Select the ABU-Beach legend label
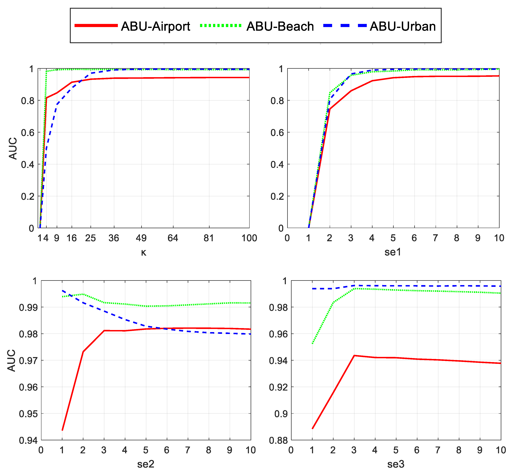[x=280, y=27]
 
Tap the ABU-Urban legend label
[x=402, y=27]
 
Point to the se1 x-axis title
[x=393, y=252]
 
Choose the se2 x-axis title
[x=146, y=464]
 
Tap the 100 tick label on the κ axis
[x=249, y=238]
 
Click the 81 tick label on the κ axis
[x=209, y=238]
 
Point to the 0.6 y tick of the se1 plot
[x=277, y=132]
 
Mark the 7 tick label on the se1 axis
[x=435, y=238]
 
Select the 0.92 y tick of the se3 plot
[x=278, y=387]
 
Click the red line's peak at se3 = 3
[x=354, y=356]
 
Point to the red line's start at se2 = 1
[x=62, y=430]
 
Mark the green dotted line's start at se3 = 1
[x=312, y=344]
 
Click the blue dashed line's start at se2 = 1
[x=62, y=290]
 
